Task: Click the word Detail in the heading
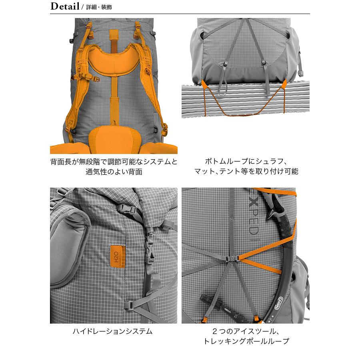[64, 7]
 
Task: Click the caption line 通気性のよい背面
[114, 172]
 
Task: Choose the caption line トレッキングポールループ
[246, 341]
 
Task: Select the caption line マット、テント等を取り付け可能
[246, 172]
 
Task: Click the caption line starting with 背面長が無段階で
[114, 162]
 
